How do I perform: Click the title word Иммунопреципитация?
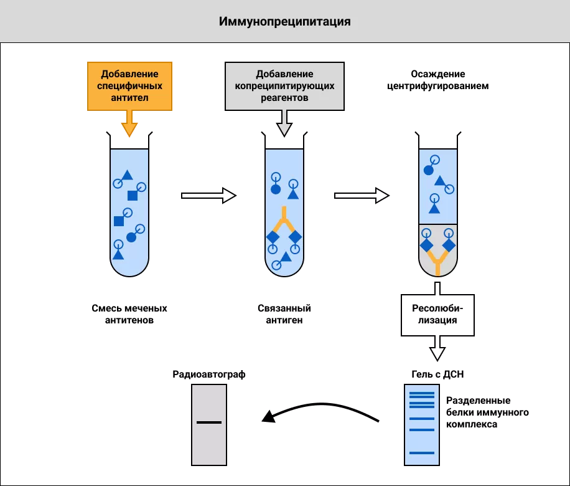[284, 22]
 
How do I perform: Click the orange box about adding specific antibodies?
[129, 86]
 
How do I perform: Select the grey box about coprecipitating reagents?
[284, 86]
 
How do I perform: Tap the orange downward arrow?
[129, 125]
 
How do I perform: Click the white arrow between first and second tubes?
[208, 196]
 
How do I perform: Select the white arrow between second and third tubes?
[361, 196]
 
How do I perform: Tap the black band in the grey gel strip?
[209, 422]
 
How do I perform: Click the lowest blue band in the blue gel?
[422, 453]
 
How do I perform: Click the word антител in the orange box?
[129, 98]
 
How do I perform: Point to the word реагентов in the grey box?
[284, 98]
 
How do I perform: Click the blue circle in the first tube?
[131, 237]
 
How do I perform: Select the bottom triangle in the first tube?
[118, 254]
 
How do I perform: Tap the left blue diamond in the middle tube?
[273, 237]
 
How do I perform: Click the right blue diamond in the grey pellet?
[449, 245]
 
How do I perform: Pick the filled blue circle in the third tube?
[428, 170]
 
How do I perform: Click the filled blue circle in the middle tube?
[276, 189]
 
